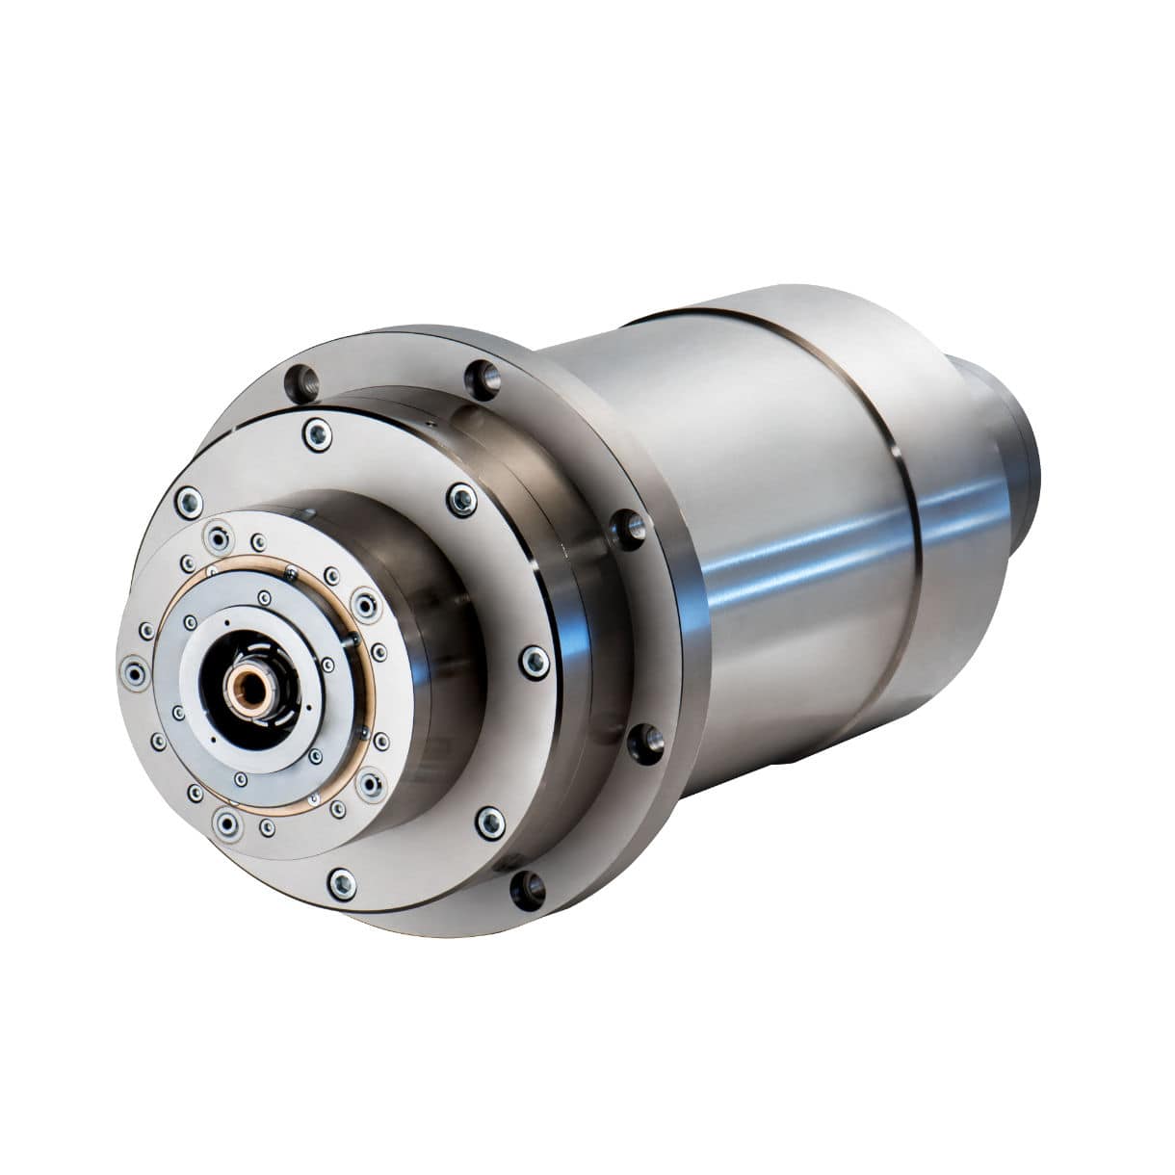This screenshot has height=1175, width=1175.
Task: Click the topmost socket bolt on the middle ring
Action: pyautogui.click(x=316, y=433)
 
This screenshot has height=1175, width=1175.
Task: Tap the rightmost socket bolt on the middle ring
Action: pyautogui.click(x=534, y=661)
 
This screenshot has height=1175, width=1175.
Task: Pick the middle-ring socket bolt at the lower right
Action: pyautogui.click(x=490, y=822)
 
